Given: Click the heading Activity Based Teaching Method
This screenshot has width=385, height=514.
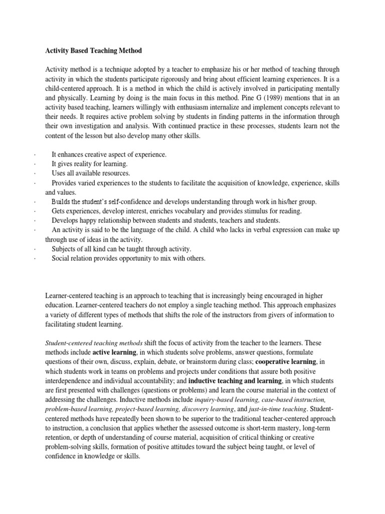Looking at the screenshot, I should [x=94, y=50].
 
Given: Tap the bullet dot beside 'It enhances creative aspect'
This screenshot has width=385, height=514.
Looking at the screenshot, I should [x=34, y=155].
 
